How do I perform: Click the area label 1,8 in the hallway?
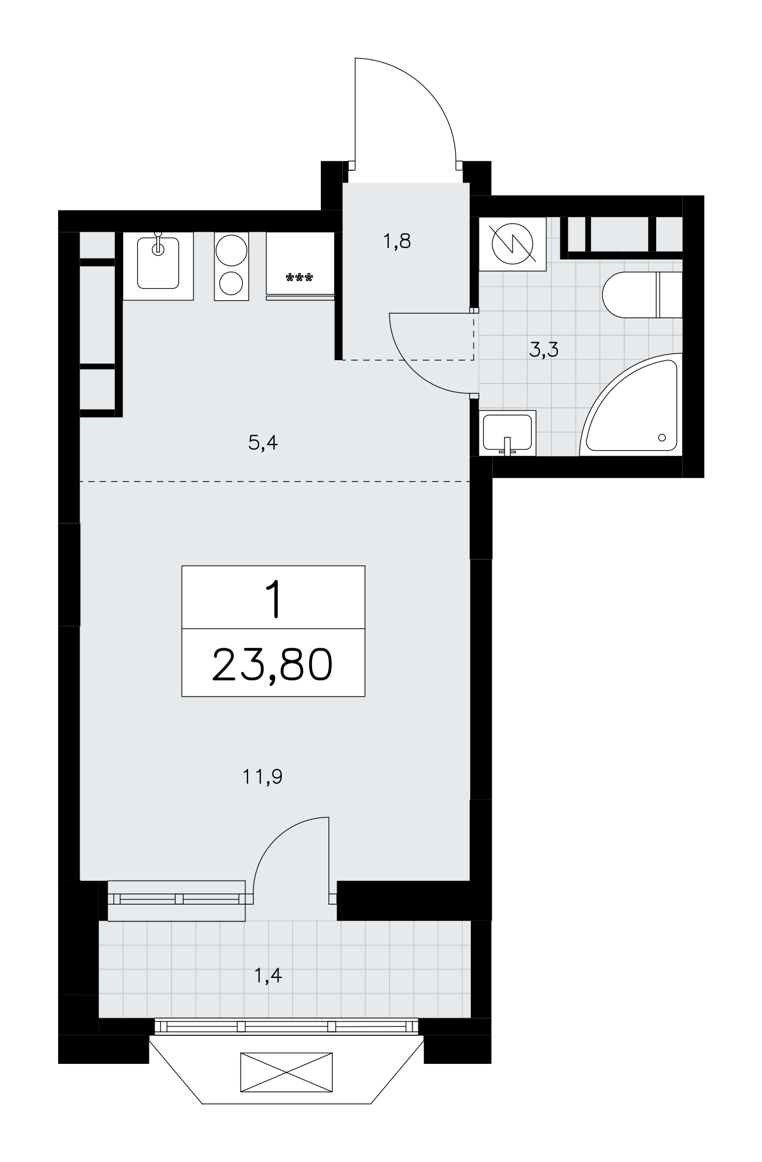coord(397,241)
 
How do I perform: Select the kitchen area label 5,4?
coord(264,443)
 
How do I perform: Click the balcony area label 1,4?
coord(269,975)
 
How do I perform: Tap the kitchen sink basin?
coord(158,263)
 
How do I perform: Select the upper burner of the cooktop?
coord(231,250)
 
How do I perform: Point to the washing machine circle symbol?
coord(513,243)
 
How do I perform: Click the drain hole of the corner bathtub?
coord(662,437)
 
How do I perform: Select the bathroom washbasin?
coord(507,432)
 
